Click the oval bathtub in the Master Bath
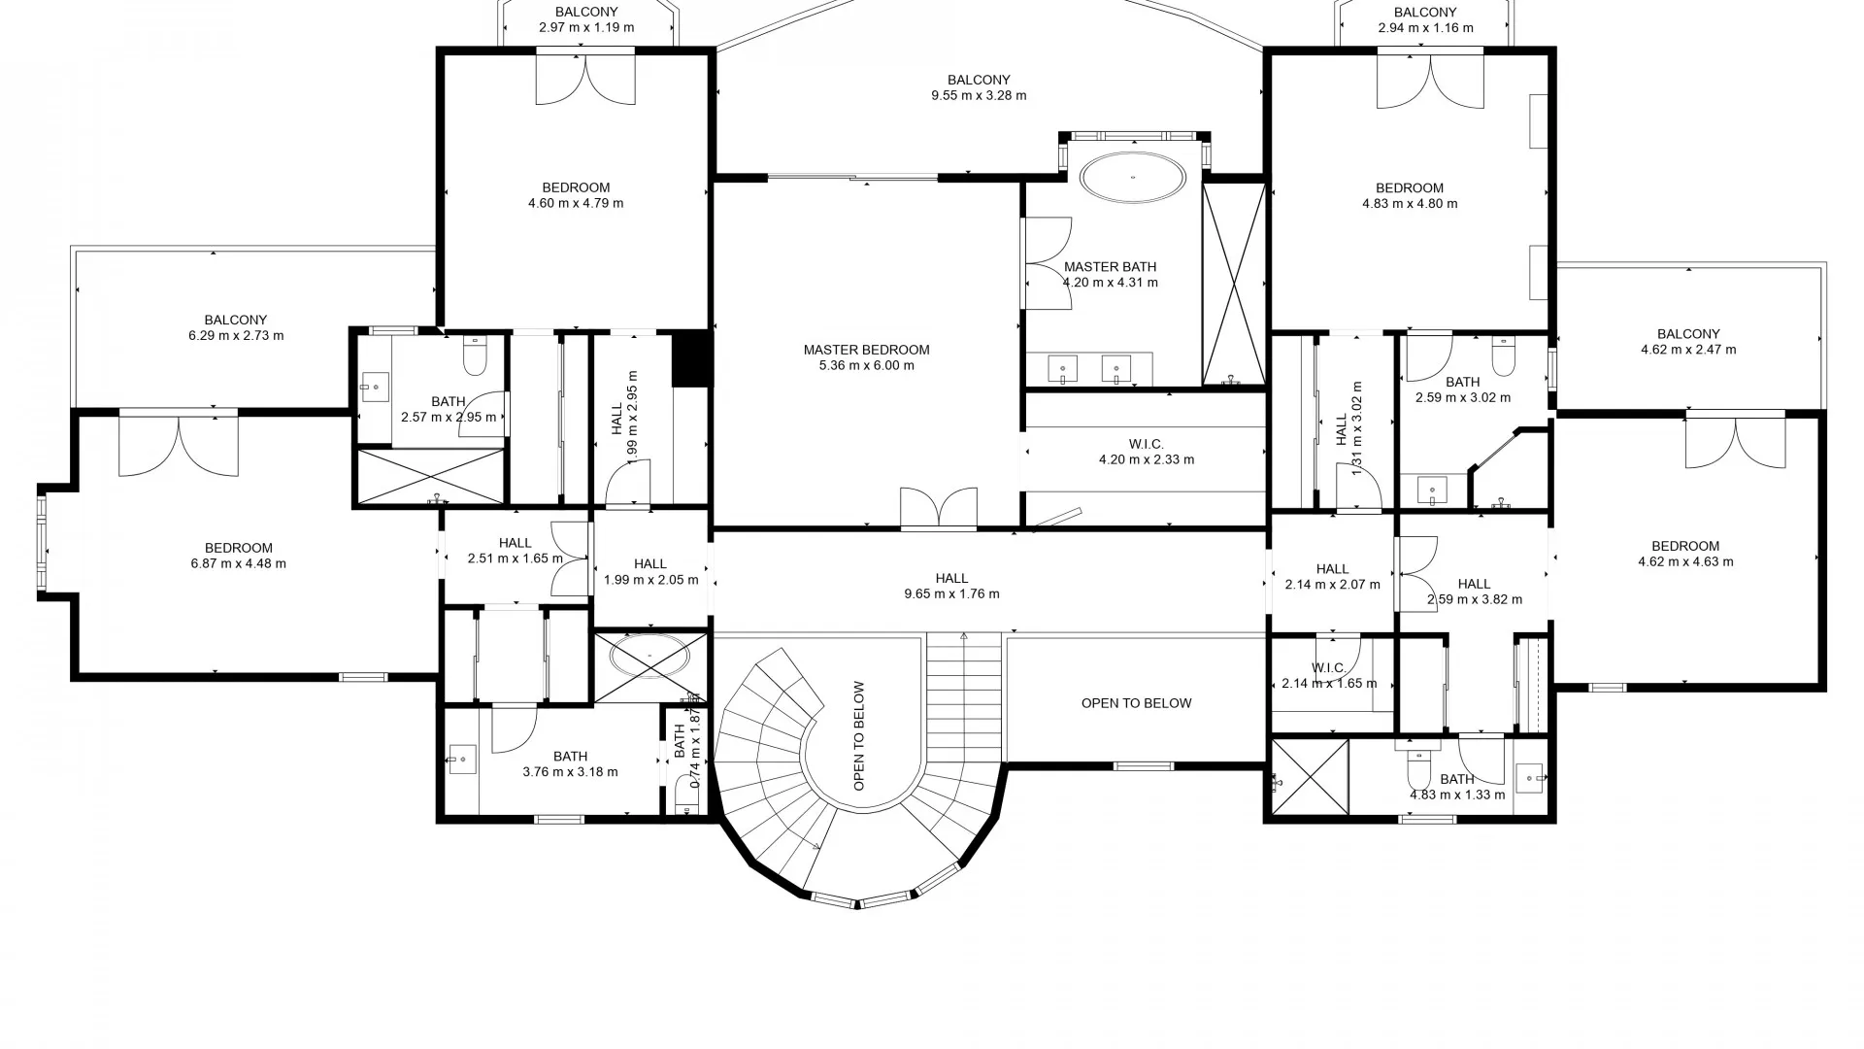(1132, 178)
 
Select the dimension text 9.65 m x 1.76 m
(951, 593)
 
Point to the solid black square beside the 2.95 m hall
(692, 358)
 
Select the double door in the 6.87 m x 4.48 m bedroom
(179, 445)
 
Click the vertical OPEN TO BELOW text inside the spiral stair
(859, 735)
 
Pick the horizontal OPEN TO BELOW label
(1136, 703)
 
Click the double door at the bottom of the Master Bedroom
(938, 508)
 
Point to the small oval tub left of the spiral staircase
(649, 656)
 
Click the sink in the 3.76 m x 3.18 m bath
(461, 759)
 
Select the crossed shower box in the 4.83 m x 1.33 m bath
(1310, 776)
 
